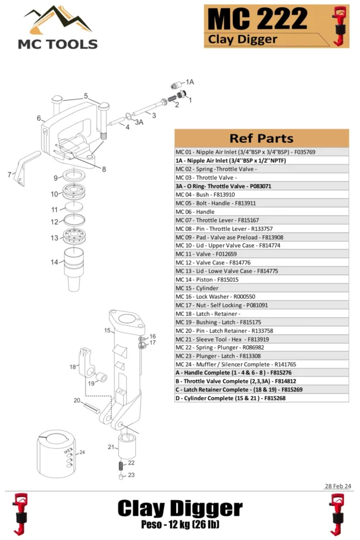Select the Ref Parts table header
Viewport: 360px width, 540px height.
click(x=261, y=138)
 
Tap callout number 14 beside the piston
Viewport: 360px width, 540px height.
click(x=54, y=262)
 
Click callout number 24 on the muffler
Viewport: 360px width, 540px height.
click(x=82, y=452)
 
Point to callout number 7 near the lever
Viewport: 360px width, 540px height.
click(x=10, y=175)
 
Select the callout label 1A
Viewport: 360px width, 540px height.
click(x=190, y=82)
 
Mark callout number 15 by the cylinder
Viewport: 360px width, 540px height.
click(x=107, y=330)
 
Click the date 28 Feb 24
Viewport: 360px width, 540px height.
click(x=338, y=486)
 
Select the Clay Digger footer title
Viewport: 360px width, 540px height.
click(x=180, y=508)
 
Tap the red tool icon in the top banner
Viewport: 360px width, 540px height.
click(x=340, y=25)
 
